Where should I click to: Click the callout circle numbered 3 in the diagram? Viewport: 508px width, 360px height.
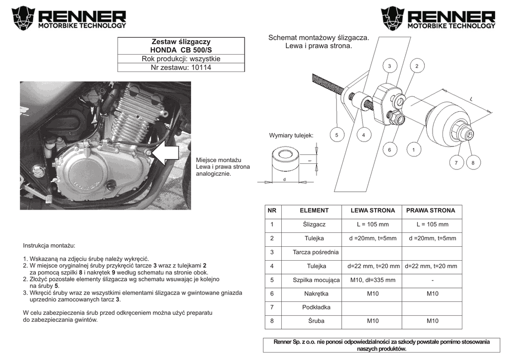click(x=389, y=66)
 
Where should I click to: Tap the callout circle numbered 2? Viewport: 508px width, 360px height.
click(x=417, y=66)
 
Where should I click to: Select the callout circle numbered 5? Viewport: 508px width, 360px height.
click(x=336, y=135)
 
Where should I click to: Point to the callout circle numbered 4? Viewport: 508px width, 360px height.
click(x=364, y=135)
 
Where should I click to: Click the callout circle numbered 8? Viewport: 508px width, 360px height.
click(x=473, y=162)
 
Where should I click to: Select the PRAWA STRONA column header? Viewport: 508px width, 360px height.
click(x=431, y=211)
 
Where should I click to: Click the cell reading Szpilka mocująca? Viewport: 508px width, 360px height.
click(x=316, y=280)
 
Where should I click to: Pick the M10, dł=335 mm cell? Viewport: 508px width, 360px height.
click(x=373, y=280)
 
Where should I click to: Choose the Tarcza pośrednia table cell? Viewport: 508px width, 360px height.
click(x=316, y=252)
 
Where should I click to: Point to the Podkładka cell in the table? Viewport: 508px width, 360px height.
click(x=316, y=307)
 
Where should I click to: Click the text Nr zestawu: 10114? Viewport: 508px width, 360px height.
click(x=181, y=67)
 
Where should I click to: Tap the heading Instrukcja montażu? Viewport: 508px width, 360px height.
click(x=49, y=246)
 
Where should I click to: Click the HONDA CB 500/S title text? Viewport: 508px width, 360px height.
click(x=181, y=50)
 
